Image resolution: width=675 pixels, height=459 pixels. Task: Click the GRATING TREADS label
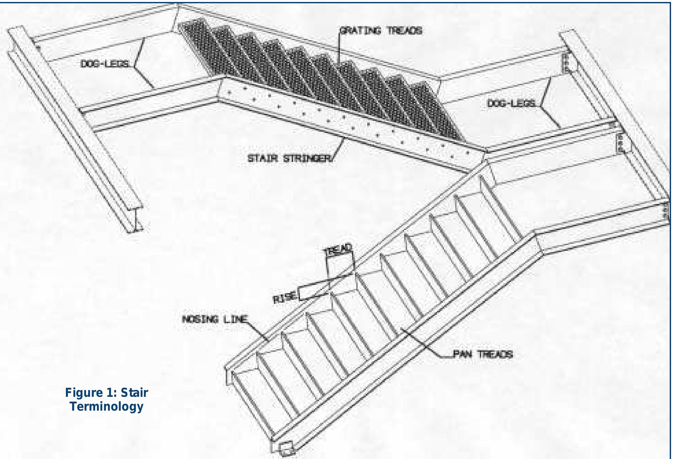pyautogui.click(x=381, y=31)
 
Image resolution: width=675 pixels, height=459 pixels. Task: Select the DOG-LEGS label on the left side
pyautogui.click(x=105, y=64)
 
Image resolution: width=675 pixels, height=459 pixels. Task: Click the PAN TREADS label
pyautogui.click(x=483, y=354)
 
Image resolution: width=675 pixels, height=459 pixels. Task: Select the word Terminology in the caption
pyautogui.click(x=106, y=406)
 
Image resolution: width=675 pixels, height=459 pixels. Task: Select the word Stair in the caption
pyautogui.click(x=134, y=393)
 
